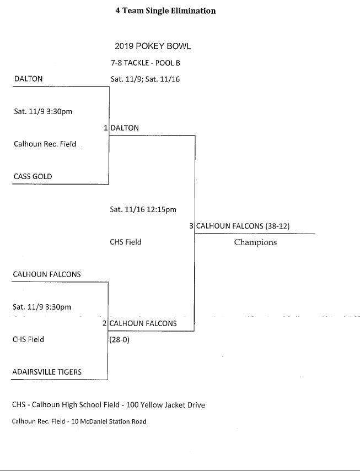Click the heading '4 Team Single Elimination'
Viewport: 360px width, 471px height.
coord(165,10)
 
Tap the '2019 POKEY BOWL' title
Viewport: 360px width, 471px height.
coord(153,46)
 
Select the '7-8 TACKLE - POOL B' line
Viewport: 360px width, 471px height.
coord(146,63)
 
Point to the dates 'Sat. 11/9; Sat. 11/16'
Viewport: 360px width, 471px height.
coord(145,79)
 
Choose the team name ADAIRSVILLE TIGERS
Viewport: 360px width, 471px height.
coord(47,372)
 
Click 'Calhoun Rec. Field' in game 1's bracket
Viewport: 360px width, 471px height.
coord(45,144)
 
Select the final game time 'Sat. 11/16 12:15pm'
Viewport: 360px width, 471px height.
coord(143,209)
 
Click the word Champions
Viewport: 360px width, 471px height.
coord(255,242)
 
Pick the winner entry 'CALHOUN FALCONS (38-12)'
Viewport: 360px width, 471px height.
coord(243,226)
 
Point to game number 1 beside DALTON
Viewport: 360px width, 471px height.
coord(106,128)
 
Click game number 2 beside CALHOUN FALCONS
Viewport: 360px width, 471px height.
coord(105,323)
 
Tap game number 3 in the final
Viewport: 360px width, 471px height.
coord(191,226)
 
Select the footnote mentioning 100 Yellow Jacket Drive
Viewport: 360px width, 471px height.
coord(108,405)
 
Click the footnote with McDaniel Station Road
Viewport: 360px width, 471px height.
coord(79,421)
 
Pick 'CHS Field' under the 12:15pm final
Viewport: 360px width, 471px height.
coord(126,242)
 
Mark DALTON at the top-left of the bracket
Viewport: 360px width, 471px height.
coord(28,79)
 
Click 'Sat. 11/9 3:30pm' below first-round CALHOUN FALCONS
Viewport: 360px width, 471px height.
coord(42,307)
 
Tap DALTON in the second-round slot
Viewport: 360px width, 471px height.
coord(125,128)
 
